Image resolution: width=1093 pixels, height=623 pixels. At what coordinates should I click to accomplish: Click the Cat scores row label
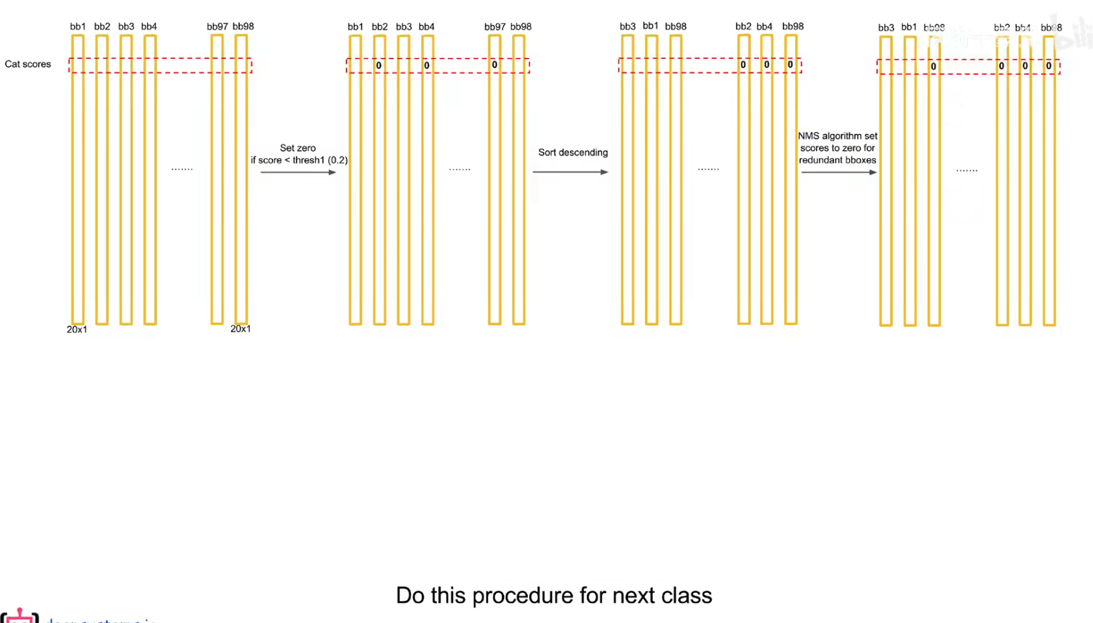click(x=27, y=64)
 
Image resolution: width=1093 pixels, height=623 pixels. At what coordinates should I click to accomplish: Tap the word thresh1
click(x=308, y=160)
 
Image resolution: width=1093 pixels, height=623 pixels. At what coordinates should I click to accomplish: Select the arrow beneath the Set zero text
click(x=298, y=173)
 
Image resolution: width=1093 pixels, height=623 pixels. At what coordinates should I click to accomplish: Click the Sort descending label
click(x=573, y=152)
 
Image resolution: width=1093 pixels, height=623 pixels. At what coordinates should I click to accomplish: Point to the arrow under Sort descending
click(x=570, y=173)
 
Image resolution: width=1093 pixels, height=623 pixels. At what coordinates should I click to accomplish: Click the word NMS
click(x=808, y=136)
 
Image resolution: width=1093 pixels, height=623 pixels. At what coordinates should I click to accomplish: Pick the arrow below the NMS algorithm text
click(x=839, y=173)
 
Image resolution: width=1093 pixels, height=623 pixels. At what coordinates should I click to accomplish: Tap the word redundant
click(x=821, y=160)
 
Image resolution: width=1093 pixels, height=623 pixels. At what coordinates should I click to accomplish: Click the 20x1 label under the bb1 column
click(x=77, y=329)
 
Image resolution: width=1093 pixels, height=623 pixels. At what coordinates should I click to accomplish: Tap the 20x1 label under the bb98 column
click(x=241, y=329)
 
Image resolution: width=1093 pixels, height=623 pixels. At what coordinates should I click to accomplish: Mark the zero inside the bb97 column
click(x=495, y=65)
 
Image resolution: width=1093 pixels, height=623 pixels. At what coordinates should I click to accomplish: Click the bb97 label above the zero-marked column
click(x=495, y=27)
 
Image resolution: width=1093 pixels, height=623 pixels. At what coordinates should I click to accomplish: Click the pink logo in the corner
click(x=20, y=616)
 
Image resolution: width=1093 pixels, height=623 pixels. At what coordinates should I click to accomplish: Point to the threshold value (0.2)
click(x=338, y=160)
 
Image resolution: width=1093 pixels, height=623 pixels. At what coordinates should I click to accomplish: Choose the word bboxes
click(x=860, y=160)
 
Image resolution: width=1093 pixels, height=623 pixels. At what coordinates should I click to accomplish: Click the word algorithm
click(x=841, y=136)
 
